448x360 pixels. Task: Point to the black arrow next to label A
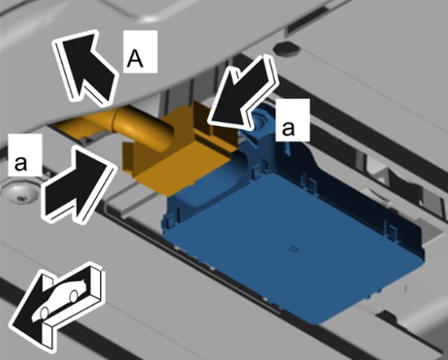coord(86,67)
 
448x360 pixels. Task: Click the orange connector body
coord(177,154)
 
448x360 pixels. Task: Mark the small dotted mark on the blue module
coord(294,250)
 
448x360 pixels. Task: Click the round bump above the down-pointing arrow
coord(286,48)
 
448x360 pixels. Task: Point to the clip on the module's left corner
coord(170,219)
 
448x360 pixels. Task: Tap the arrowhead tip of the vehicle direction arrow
coord(11,326)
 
